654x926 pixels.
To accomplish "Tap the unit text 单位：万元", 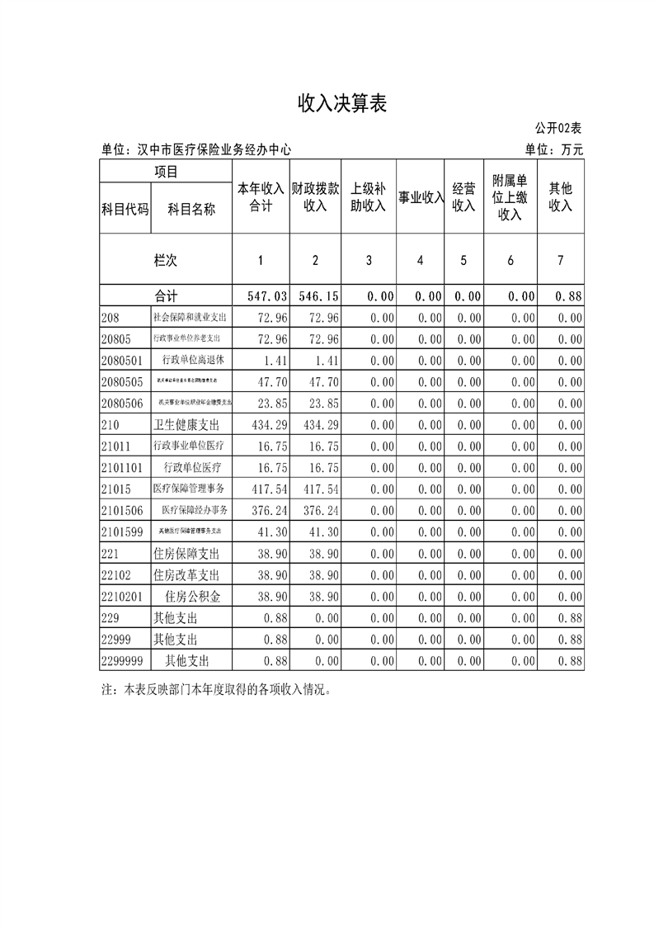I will [553, 150].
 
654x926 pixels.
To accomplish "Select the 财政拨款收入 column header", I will [315, 197].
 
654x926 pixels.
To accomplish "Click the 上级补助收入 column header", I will [369, 197].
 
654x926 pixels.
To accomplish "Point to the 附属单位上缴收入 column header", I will [510, 197].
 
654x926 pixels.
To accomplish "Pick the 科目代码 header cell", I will [125, 210].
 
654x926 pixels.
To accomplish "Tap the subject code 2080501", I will [121, 360].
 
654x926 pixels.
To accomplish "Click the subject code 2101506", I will [121, 510].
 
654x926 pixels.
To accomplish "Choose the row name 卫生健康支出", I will [189, 424].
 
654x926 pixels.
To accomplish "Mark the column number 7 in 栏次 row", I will [561, 260].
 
